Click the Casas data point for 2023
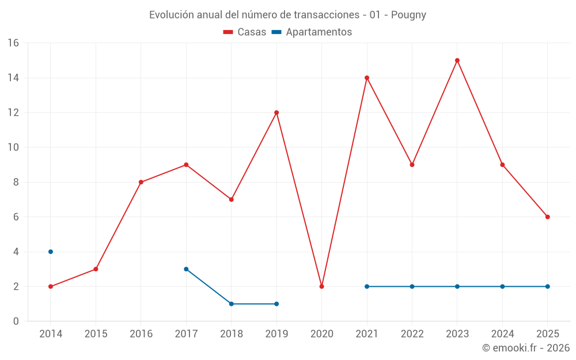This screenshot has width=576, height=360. [x=457, y=60]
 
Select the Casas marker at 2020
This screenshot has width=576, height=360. [x=321, y=286]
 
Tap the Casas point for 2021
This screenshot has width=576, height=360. [x=367, y=78]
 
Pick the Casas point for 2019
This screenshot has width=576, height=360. [x=276, y=112]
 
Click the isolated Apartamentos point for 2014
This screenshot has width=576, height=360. [x=51, y=252]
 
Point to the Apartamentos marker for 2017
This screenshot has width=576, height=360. [x=186, y=269]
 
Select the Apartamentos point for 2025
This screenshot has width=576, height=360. [x=547, y=286]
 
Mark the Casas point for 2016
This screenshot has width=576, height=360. [x=141, y=182]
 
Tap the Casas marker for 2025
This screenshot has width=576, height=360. [x=547, y=217]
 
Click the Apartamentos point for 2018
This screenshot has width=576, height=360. [x=231, y=304]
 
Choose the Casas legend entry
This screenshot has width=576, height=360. [x=245, y=32]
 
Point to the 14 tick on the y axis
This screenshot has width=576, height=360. [x=13, y=78]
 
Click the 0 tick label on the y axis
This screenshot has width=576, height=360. [x=16, y=321]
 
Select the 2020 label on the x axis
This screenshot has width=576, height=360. [x=321, y=334]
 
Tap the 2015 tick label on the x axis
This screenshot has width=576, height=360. [x=96, y=334]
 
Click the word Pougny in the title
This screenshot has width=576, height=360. [x=408, y=15]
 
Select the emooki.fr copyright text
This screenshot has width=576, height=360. [x=525, y=348]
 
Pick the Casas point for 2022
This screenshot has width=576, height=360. [x=412, y=165]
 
